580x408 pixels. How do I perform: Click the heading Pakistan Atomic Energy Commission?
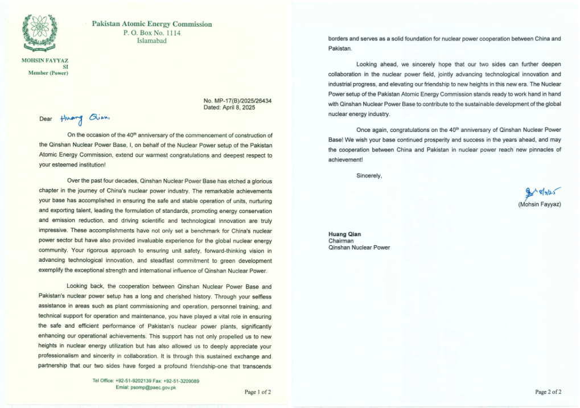coord(152,24)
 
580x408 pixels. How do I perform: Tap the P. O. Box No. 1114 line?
coord(152,33)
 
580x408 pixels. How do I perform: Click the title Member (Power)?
coord(48,73)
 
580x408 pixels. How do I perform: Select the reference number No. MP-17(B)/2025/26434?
coord(237,101)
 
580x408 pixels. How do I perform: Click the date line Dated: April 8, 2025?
coord(228,107)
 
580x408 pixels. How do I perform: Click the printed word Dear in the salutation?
coord(46,119)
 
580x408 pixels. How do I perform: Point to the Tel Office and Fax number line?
coord(146,381)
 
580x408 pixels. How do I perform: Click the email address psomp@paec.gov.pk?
coord(146,388)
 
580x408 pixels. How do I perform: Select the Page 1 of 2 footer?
coord(258,392)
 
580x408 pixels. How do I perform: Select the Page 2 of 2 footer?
coord(548,392)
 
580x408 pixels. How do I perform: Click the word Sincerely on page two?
coord(369,175)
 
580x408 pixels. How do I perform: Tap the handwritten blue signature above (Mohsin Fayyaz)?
coord(541,194)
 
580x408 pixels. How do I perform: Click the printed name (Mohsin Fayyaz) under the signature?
coord(540,205)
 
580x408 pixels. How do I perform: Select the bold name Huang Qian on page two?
coord(344,234)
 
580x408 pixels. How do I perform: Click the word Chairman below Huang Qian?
coord(342,241)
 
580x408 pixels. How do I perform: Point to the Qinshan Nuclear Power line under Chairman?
coord(359,248)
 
